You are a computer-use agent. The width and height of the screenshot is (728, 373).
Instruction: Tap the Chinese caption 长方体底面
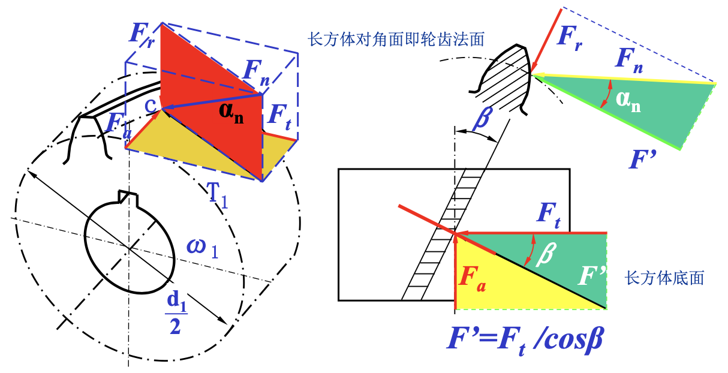[x=664, y=278]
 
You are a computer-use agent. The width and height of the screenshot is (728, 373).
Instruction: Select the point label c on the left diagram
[x=153, y=104]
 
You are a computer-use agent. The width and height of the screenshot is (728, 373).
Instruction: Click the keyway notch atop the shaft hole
[x=128, y=196]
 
